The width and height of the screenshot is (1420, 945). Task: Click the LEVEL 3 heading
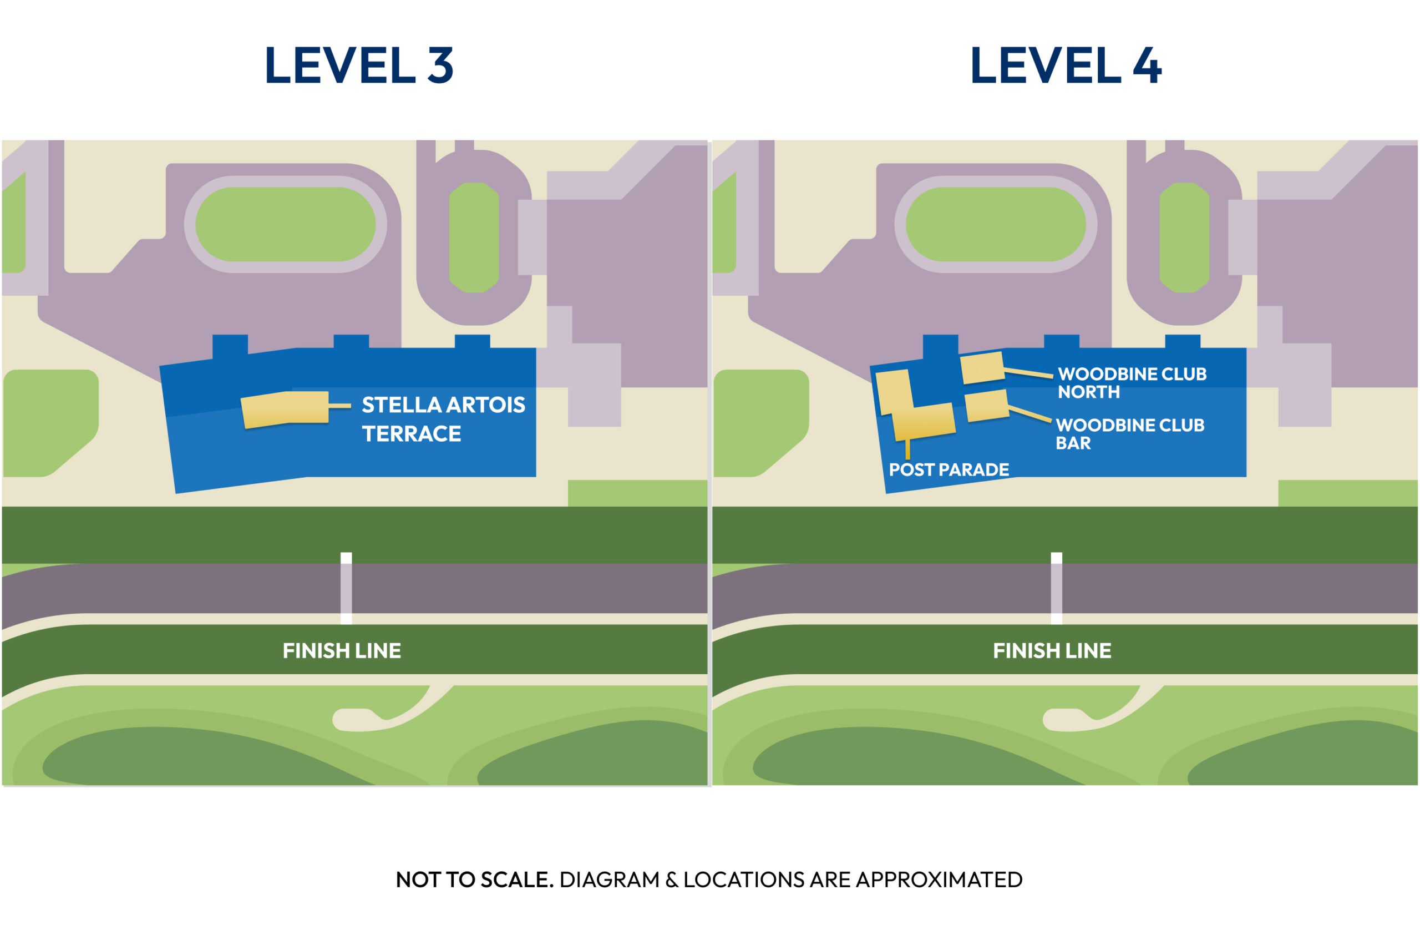(x=358, y=65)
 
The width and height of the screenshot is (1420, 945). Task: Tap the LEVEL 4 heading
(x=1065, y=65)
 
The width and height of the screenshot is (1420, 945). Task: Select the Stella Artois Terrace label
(x=443, y=420)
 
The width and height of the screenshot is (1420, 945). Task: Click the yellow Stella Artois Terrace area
(x=285, y=410)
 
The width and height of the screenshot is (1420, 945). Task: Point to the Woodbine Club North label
(x=1132, y=383)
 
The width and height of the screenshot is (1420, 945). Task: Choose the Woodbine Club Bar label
(x=1129, y=434)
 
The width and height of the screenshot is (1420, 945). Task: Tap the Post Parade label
(x=949, y=469)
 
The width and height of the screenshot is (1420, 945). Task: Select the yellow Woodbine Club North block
(x=982, y=368)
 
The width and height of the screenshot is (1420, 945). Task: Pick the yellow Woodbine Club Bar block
(x=987, y=406)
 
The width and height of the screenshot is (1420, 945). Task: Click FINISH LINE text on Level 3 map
(x=342, y=651)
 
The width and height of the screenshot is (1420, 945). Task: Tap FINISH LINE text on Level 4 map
(x=1052, y=651)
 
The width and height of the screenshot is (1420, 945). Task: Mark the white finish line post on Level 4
(x=1057, y=588)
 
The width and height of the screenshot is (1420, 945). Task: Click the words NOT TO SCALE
(x=474, y=880)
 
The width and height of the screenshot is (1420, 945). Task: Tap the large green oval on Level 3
(x=286, y=224)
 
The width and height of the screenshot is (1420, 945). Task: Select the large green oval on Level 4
(x=996, y=224)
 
